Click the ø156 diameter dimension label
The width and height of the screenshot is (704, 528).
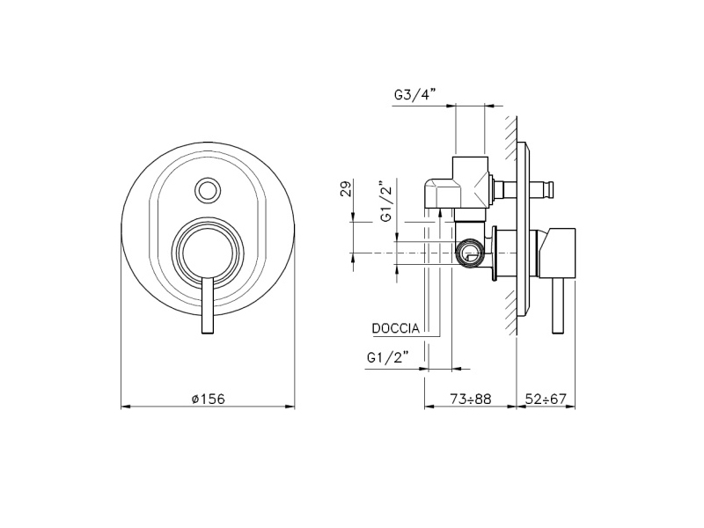click(208, 399)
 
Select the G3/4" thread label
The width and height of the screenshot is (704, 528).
click(415, 95)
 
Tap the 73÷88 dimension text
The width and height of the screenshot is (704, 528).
click(471, 399)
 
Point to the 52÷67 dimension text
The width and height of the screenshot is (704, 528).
click(546, 399)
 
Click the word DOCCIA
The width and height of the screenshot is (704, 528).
click(395, 328)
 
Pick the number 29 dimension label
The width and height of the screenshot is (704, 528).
click(346, 187)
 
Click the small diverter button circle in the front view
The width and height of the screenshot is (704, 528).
click(208, 190)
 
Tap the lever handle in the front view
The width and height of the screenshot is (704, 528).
click(208, 305)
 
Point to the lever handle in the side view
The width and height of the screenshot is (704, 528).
click(558, 305)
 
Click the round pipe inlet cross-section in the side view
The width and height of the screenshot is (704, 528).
click(469, 253)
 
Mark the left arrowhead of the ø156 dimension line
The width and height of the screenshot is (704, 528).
click(125, 407)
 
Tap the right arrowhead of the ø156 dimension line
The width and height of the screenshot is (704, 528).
click(290, 407)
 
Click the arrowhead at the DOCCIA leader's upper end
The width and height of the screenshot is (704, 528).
click(440, 213)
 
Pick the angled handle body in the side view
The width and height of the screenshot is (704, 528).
click(557, 253)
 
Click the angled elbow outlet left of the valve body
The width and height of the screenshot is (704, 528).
click(443, 194)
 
